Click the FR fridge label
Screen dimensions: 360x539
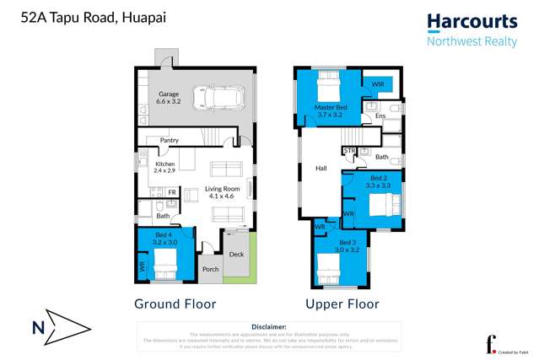(x=171, y=193)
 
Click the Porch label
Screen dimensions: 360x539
(x=210, y=270)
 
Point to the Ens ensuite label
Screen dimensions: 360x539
(x=380, y=116)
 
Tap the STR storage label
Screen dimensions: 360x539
(x=349, y=151)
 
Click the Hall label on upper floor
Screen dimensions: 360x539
(x=321, y=168)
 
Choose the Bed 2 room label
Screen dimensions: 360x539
(x=378, y=180)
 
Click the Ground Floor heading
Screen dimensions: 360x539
(x=175, y=304)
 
